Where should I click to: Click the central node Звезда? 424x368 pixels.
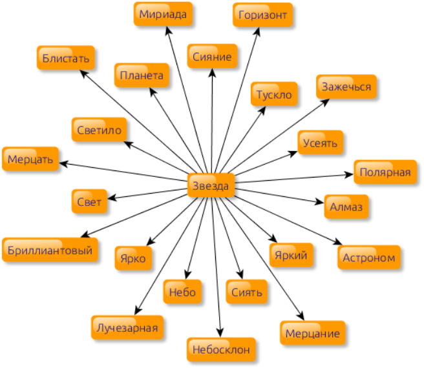[211, 186]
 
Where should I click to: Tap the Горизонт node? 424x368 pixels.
[262, 14]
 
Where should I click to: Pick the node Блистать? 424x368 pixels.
[66, 57]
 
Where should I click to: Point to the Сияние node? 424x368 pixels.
[212, 56]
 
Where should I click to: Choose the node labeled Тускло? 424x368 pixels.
[274, 94]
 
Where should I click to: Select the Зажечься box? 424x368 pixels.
[346, 87]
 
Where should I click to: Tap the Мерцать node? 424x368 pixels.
[31, 158]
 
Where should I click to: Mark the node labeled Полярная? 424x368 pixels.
[385, 172]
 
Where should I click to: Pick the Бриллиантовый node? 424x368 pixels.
[51, 249]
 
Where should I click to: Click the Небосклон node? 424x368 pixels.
[220, 349]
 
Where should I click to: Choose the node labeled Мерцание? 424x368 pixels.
[312, 333]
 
